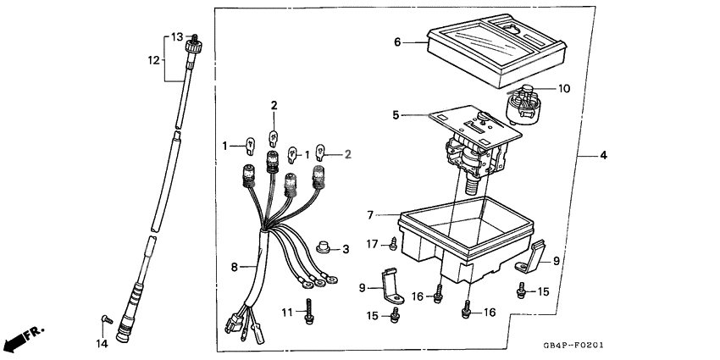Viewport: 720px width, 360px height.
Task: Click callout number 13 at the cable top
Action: point(177,37)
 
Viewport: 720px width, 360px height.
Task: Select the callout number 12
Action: point(153,60)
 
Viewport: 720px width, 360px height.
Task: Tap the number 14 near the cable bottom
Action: point(102,344)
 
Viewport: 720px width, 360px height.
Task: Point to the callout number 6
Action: point(396,41)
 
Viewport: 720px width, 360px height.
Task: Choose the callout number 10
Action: point(564,87)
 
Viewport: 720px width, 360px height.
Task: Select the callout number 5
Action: point(396,114)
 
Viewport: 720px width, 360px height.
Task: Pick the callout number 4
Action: point(603,156)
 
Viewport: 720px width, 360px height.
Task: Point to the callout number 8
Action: point(234,267)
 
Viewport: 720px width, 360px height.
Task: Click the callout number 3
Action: point(346,249)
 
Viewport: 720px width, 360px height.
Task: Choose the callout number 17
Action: point(373,244)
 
